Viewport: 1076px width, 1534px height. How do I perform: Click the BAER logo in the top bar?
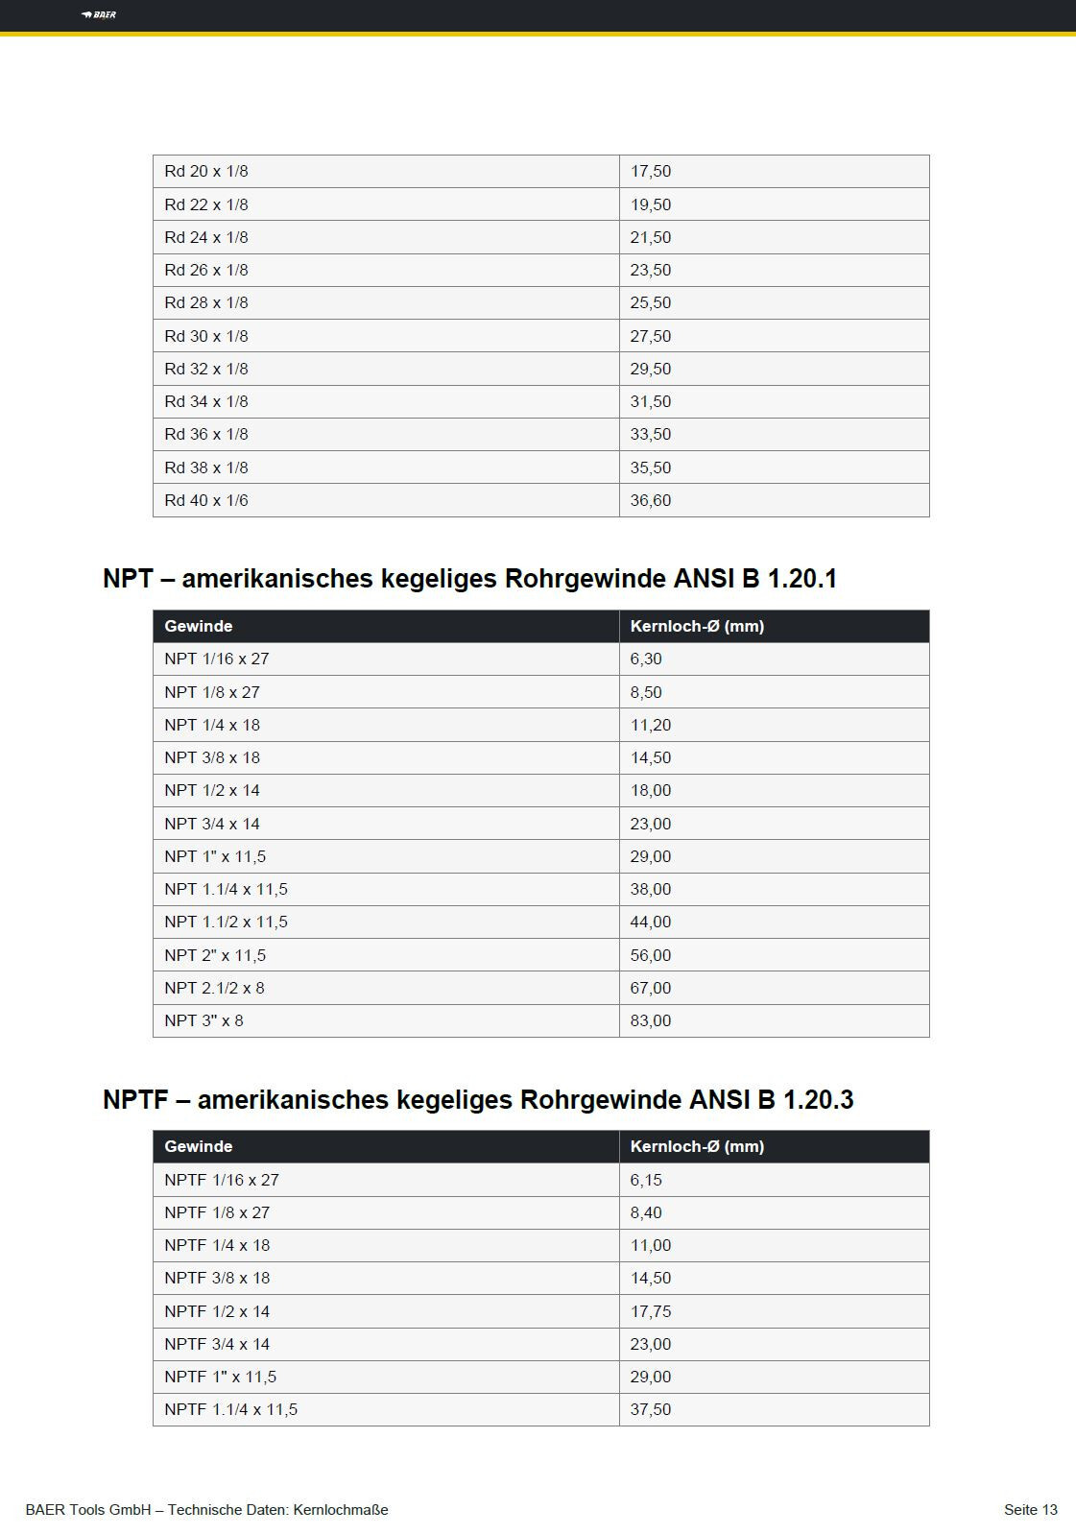tap(99, 14)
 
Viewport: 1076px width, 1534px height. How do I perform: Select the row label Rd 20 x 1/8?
tap(205, 171)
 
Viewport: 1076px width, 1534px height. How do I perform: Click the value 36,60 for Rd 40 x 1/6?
tap(650, 500)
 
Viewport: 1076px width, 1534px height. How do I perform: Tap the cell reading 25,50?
tap(650, 302)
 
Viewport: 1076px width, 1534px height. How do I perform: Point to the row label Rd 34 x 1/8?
tap(205, 401)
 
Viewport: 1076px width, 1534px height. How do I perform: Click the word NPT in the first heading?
tap(128, 579)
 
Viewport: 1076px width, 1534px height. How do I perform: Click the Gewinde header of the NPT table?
tap(198, 626)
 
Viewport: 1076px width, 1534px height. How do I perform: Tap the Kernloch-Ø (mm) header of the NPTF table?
tap(697, 1146)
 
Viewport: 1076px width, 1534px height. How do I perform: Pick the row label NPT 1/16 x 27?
tap(216, 659)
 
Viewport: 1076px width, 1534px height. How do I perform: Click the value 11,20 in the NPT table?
tap(650, 725)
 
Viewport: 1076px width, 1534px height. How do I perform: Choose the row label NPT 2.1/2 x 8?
tap(214, 988)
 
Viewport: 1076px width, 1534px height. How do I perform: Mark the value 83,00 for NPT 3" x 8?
tap(650, 1020)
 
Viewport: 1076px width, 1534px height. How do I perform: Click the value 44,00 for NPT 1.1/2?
tap(650, 922)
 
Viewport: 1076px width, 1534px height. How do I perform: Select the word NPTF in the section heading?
tap(135, 1099)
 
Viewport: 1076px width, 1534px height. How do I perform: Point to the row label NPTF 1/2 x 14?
tap(217, 1311)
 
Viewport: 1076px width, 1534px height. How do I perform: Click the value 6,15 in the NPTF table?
tap(646, 1180)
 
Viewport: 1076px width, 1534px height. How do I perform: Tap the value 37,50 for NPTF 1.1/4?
tap(650, 1409)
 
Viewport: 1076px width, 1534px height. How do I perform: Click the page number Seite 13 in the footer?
tap(1030, 1509)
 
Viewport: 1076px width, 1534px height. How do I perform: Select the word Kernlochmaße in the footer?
tap(341, 1509)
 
